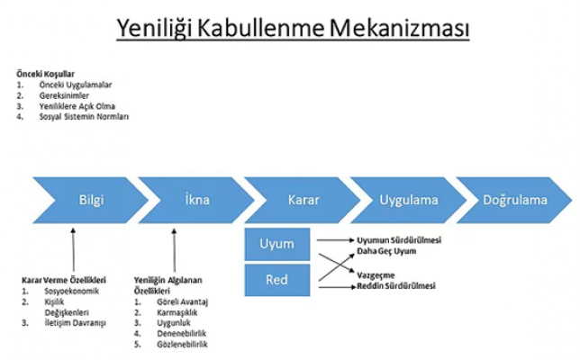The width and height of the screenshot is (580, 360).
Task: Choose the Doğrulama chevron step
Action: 512,199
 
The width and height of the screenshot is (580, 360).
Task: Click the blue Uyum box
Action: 276,244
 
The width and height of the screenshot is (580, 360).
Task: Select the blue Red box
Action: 276,279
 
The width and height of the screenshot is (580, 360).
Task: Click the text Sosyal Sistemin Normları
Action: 84,116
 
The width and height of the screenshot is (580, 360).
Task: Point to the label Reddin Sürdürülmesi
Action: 397,286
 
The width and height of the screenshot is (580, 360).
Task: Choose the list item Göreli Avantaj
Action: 183,301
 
